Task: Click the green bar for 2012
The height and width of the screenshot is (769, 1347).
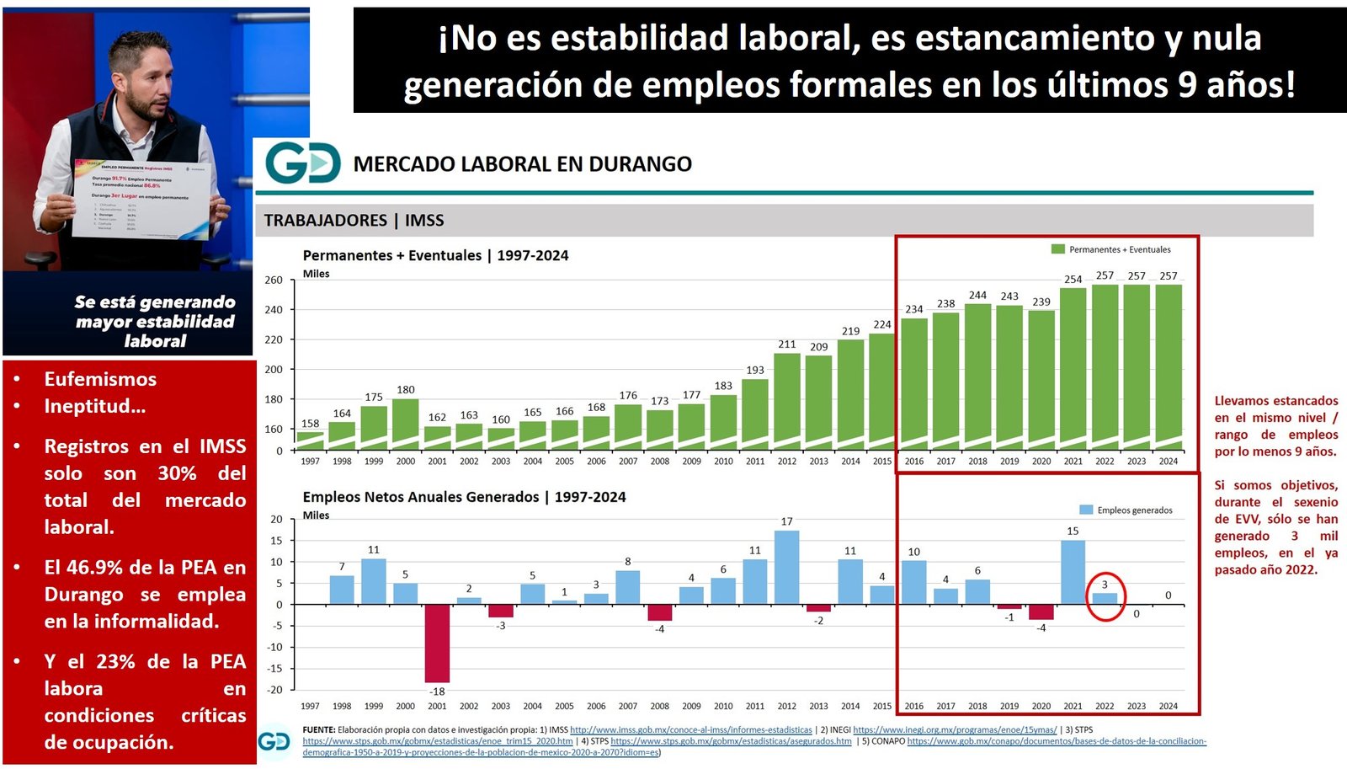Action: pyautogui.click(x=786, y=400)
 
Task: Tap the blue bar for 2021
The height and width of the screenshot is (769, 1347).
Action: pyautogui.click(x=1073, y=572)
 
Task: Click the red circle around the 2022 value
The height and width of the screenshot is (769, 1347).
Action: pyautogui.click(x=1105, y=596)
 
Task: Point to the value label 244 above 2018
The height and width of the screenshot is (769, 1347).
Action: pyautogui.click(x=977, y=295)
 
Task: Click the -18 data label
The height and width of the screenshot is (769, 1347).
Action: pyautogui.click(x=437, y=692)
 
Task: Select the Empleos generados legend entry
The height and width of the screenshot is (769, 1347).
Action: pyautogui.click(x=1126, y=510)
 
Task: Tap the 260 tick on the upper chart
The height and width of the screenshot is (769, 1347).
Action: pyautogui.click(x=274, y=280)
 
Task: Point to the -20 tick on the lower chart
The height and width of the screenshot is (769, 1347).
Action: pyautogui.click(x=276, y=690)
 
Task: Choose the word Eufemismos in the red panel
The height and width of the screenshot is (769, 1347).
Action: pyautogui.click(x=100, y=379)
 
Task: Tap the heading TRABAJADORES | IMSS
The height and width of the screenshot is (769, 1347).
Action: pyautogui.click(x=354, y=221)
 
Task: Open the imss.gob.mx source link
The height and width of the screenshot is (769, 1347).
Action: pyautogui.click(x=690, y=730)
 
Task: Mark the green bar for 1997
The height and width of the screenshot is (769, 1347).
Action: pyautogui.click(x=310, y=441)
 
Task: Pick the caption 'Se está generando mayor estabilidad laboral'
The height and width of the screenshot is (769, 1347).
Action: pyautogui.click(x=155, y=321)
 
